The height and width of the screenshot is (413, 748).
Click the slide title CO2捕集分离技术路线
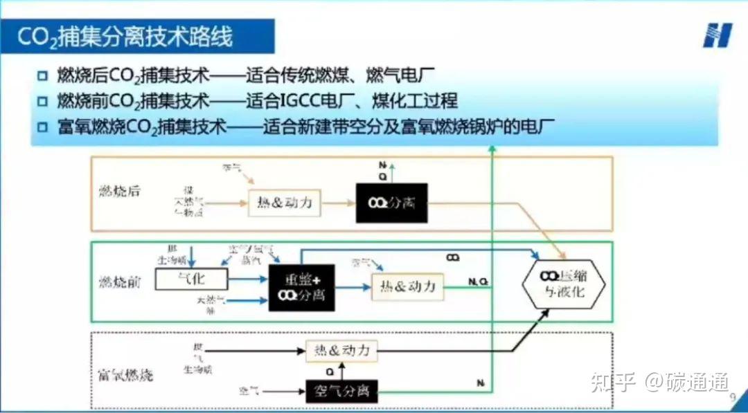coord(125,37)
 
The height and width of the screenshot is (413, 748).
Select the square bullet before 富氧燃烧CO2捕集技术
coord(43,127)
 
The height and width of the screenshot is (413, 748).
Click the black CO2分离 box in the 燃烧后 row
coord(391,203)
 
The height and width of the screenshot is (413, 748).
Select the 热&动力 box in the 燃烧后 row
coord(285,203)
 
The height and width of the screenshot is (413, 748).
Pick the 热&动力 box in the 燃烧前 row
coord(407,286)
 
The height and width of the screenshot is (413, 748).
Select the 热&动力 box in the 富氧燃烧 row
coord(342,351)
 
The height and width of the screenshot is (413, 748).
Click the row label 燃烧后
coord(119,191)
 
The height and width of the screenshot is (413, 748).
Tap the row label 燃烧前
coord(119,282)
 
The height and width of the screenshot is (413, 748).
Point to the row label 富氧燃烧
coord(121,376)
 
